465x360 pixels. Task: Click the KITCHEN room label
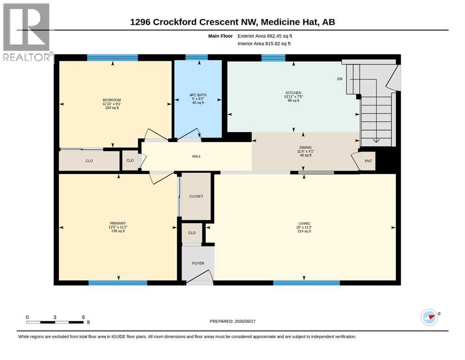[293, 93]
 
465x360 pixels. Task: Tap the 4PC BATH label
[198, 95]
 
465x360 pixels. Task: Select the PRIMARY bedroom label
[118, 223]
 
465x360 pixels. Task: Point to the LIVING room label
[304, 224]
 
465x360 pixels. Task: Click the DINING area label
[305, 148]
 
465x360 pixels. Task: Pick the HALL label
[196, 157]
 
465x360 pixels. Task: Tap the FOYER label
[198, 263]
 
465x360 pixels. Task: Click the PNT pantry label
[369, 161]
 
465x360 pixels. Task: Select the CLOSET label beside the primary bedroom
[196, 196]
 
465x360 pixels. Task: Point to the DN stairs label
[340, 79]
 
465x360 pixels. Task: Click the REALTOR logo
[27, 32]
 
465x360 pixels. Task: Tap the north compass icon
[429, 317]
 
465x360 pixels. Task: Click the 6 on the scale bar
[83, 317]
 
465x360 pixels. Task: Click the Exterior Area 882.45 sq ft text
[265, 36]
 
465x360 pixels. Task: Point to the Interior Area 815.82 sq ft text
[264, 44]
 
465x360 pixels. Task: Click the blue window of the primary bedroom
[118, 283]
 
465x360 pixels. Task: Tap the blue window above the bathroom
[197, 57]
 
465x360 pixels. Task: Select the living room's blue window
[306, 283]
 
